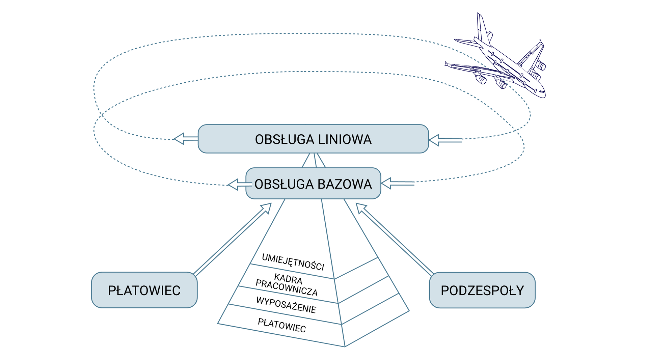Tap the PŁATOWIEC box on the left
[144, 290]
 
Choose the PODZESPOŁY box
[482, 290]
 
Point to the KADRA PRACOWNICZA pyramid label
[287, 285]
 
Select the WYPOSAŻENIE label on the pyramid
[286, 305]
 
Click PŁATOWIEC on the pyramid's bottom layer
[282, 326]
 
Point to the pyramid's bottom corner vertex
[345, 346]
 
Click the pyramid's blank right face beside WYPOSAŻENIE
[368, 300]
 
